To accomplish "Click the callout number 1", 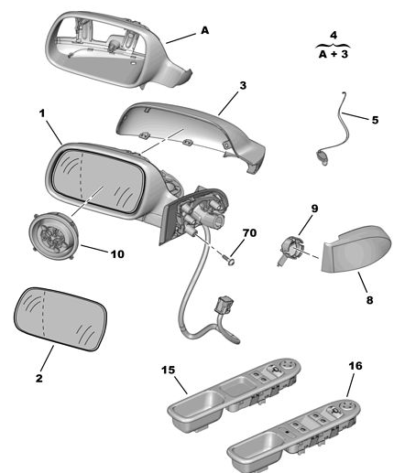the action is [42, 113].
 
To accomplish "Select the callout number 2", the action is [39, 378].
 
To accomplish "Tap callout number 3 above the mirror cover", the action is [243, 86].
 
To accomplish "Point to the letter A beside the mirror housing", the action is [205, 30].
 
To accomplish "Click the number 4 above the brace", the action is [334, 36].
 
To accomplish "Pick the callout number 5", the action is [375, 120].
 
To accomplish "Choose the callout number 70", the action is [249, 233].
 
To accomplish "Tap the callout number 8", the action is [369, 300].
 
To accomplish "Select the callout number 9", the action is [314, 209].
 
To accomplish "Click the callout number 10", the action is [117, 254].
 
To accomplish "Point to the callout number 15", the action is [169, 370].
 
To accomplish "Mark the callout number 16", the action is [356, 366].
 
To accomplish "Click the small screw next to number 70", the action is [228, 260].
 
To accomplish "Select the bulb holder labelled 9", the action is [290, 249].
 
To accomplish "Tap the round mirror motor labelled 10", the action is [54, 236].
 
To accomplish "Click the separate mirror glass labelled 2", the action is [60, 319].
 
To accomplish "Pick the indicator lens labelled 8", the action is [356, 249].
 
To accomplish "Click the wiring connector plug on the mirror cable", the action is [224, 305].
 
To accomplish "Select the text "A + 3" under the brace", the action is [334, 54].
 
